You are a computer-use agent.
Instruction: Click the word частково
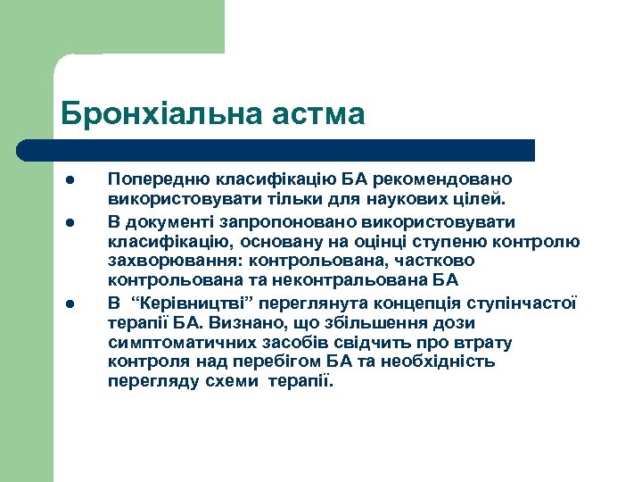(440, 261)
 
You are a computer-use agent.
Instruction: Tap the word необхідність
(439, 362)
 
